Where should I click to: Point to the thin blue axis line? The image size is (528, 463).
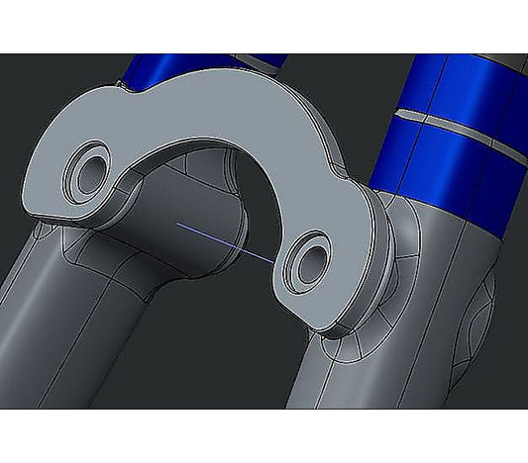(x=226, y=243)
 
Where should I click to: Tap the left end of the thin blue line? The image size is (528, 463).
(x=177, y=226)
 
